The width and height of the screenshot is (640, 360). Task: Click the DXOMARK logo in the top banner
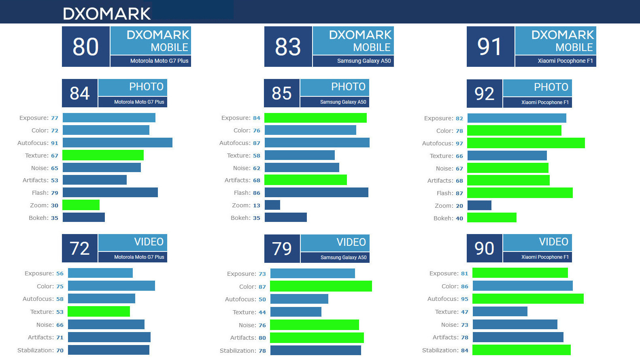coord(107,14)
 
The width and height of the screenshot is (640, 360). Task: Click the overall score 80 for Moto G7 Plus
coord(85,47)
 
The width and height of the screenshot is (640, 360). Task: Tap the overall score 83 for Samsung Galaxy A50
coord(288,47)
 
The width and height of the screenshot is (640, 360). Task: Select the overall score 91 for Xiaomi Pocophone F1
coord(490,47)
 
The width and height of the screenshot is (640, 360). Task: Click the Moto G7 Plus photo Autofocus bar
coord(117,143)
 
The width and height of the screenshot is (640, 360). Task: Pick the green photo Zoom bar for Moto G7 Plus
coord(81,205)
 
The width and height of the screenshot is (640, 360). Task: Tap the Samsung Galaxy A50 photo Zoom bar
coord(272,205)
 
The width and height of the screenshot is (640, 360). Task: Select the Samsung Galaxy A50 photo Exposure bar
coord(315,118)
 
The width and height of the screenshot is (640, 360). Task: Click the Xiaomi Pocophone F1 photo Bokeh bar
coord(492,218)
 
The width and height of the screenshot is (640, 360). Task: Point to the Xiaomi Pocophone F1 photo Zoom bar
coord(479,205)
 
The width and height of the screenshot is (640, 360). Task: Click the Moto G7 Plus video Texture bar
coord(99,311)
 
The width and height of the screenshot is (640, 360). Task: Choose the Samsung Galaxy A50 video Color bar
coord(321,286)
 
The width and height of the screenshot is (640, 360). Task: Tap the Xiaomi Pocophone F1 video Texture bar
coord(500,311)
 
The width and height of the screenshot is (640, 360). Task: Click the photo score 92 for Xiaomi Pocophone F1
coord(484,94)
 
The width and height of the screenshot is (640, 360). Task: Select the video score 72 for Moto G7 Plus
coord(79,249)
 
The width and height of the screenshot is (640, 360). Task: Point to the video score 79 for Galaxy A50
coord(282,249)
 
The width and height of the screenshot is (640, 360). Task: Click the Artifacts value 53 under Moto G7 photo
coord(55,181)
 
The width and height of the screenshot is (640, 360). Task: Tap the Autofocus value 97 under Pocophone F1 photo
coord(459,143)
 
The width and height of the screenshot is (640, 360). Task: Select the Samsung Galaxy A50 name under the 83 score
coord(364,61)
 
